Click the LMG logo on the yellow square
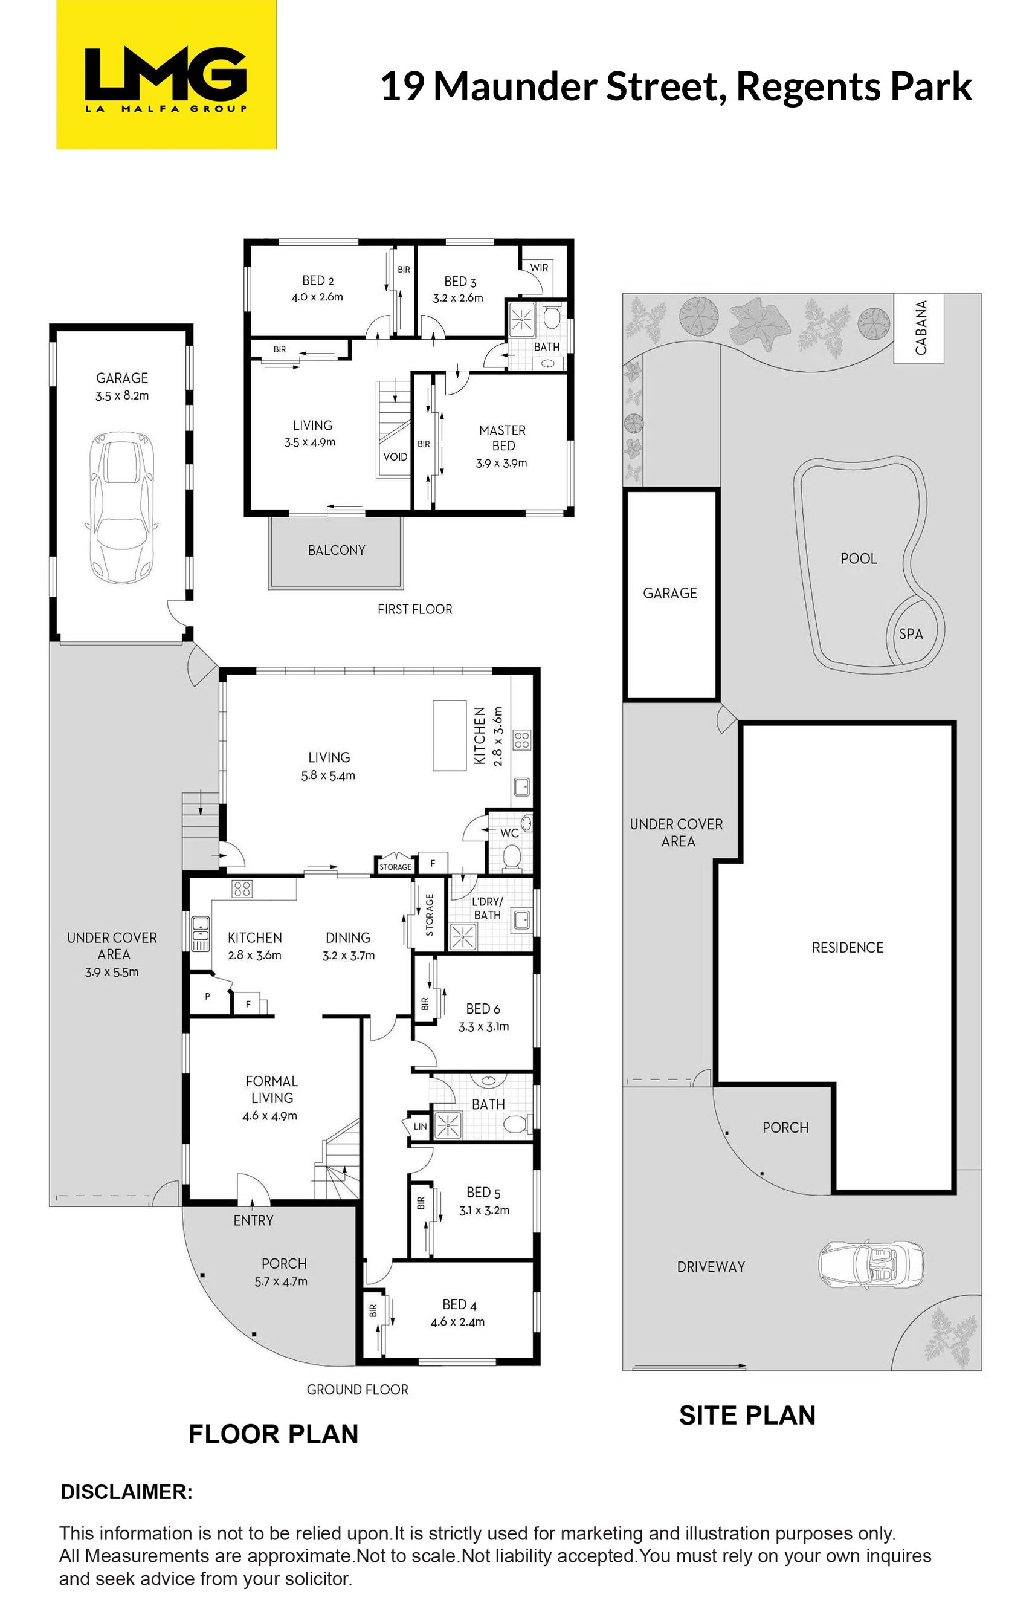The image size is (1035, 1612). click(166, 79)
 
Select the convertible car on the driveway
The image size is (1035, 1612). click(871, 1266)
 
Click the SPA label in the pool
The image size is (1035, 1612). click(911, 634)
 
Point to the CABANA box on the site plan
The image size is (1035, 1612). click(919, 328)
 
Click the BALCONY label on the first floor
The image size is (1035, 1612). click(336, 551)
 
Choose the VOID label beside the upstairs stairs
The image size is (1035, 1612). click(395, 457)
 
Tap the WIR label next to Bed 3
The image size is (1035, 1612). click(539, 268)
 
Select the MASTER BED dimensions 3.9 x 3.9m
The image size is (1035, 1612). click(501, 463)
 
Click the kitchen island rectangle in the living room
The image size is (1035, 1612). click(450, 736)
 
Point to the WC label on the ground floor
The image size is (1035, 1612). click(509, 834)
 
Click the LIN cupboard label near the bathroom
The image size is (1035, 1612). click(420, 1126)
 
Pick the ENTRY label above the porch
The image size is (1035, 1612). click(253, 1220)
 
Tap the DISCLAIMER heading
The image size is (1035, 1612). click(126, 1492)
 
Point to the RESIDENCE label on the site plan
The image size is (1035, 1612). click(848, 947)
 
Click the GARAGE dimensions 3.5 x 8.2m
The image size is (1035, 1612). click(121, 396)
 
